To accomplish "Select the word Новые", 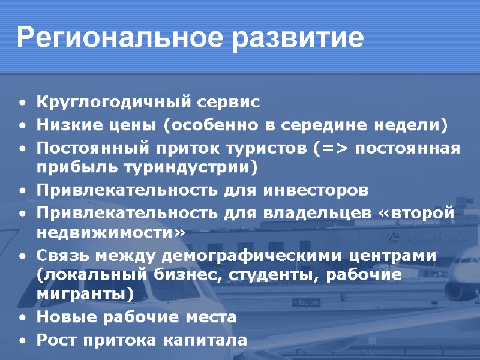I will click(62, 317).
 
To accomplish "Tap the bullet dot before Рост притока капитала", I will click(22, 341).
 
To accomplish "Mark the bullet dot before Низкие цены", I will click(22, 126).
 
